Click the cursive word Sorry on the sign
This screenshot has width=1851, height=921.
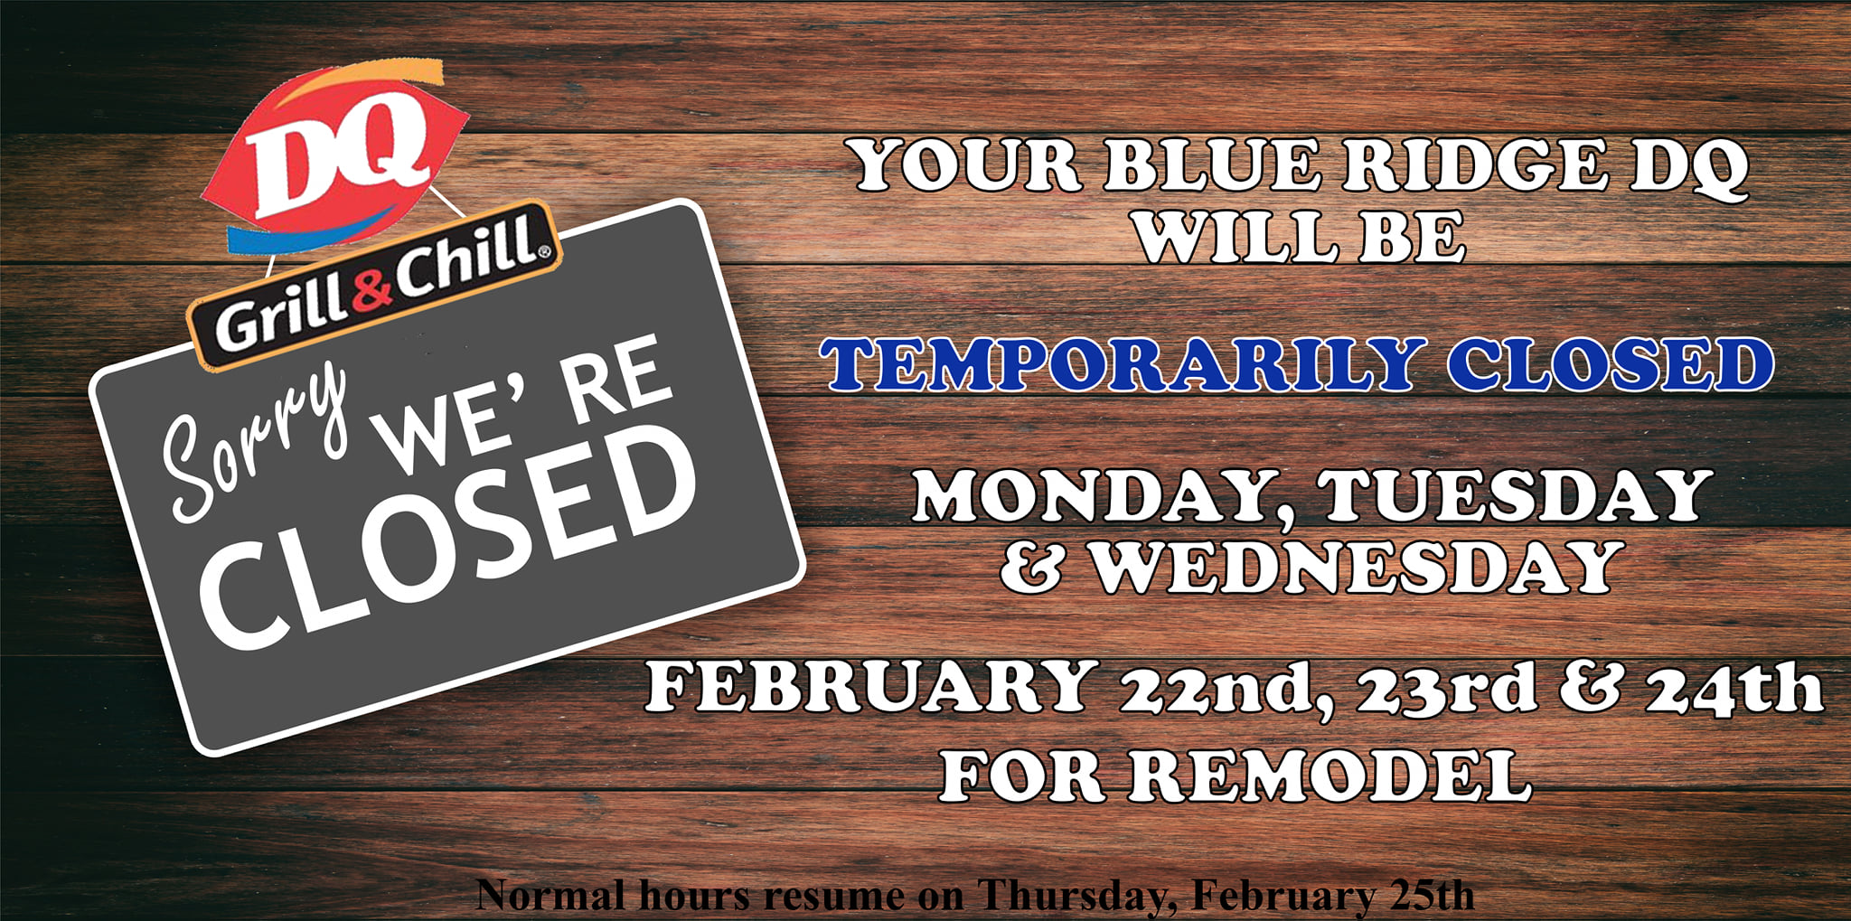pyautogui.click(x=253, y=442)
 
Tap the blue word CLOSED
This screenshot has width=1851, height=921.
pyautogui.click(x=1610, y=364)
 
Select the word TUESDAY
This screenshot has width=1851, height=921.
pyautogui.click(x=1515, y=496)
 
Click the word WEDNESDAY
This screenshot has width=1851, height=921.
pyautogui.click(x=1355, y=568)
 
